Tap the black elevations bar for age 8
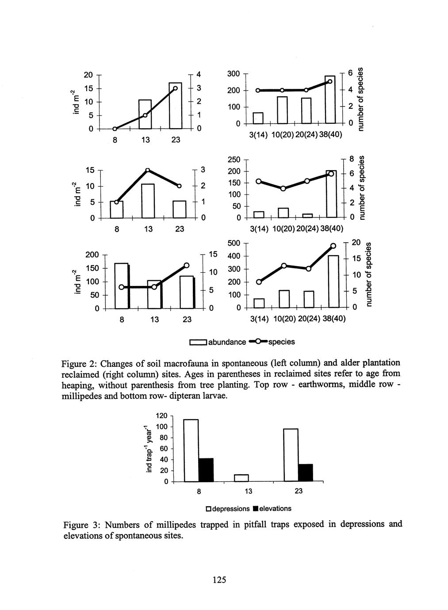tap(206, 470)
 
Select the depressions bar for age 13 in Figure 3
tap(241, 478)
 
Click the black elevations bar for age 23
tap(306, 473)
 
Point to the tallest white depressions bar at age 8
tap(191, 450)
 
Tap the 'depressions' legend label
tap(231, 508)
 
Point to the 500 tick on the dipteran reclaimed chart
tap(234, 243)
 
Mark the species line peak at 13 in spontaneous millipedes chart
tap(148, 170)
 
